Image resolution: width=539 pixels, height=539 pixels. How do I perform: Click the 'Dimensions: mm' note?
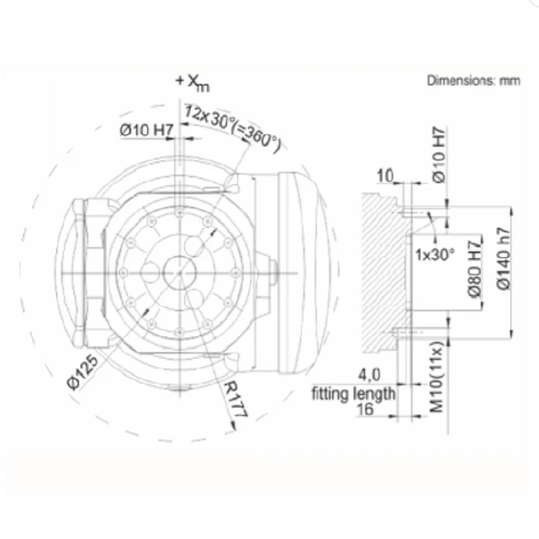pos(474,80)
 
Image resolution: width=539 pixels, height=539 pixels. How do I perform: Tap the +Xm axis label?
pos(192,83)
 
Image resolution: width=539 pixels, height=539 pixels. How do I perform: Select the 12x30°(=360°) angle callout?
pos(232,127)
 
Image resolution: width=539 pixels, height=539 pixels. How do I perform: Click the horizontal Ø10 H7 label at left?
pos(147,130)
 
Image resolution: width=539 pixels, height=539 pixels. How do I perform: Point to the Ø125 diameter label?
pos(83,372)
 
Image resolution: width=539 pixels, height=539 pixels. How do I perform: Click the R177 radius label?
pos(236,399)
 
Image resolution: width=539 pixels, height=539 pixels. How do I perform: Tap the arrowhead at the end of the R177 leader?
pos(234,427)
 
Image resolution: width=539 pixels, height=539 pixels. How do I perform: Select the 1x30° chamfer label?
pos(435,254)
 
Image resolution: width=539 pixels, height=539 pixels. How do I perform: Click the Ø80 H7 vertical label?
pos(475,269)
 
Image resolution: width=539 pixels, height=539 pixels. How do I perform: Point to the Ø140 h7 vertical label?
pos(504,259)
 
